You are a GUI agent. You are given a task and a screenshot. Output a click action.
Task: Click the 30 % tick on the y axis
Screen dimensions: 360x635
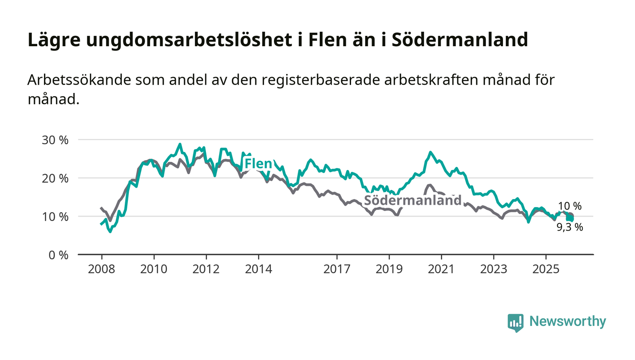[x=55, y=140]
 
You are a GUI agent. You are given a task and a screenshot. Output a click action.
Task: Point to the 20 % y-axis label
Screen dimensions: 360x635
[x=55, y=178]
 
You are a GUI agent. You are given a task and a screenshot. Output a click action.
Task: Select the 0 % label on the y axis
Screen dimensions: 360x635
[x=58, y=255]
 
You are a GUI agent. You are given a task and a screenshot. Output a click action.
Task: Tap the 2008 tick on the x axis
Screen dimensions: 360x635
[x=102, y=269]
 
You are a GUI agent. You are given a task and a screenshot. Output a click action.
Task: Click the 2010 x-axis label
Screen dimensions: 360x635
[x=154, y=269]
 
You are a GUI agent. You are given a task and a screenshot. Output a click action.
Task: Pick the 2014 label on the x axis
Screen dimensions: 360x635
[x=258, y=269]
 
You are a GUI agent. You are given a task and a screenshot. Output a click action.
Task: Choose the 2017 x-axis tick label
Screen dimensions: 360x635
[x=337, y=269]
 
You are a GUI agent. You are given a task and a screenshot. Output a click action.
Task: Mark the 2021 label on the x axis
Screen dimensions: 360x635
[x=441, y=269]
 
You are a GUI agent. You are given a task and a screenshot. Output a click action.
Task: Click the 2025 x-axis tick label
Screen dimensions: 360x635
[x=546, y=269]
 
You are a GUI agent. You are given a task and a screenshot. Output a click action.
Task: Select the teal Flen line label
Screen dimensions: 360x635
[x=258, y=164]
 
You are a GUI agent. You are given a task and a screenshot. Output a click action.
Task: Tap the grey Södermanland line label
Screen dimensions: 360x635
[x=413, y=200]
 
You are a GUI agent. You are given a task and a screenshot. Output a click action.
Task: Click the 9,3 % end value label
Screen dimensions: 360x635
[x=570, y=228]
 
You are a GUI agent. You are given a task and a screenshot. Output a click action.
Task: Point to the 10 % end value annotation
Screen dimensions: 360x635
[x=570, y=206]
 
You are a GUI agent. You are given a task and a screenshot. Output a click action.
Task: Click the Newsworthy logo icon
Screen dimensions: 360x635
[x=515, y=322]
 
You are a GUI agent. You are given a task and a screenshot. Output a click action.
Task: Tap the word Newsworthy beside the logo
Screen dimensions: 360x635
[x=567, y=321]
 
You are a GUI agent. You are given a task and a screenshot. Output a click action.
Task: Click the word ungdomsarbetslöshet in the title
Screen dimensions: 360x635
[x=187, y=40]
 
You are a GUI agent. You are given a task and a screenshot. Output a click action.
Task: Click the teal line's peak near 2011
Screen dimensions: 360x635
[x=180, y=145]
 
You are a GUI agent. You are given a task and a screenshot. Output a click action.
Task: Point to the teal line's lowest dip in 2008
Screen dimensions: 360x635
[x=110, y=231]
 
